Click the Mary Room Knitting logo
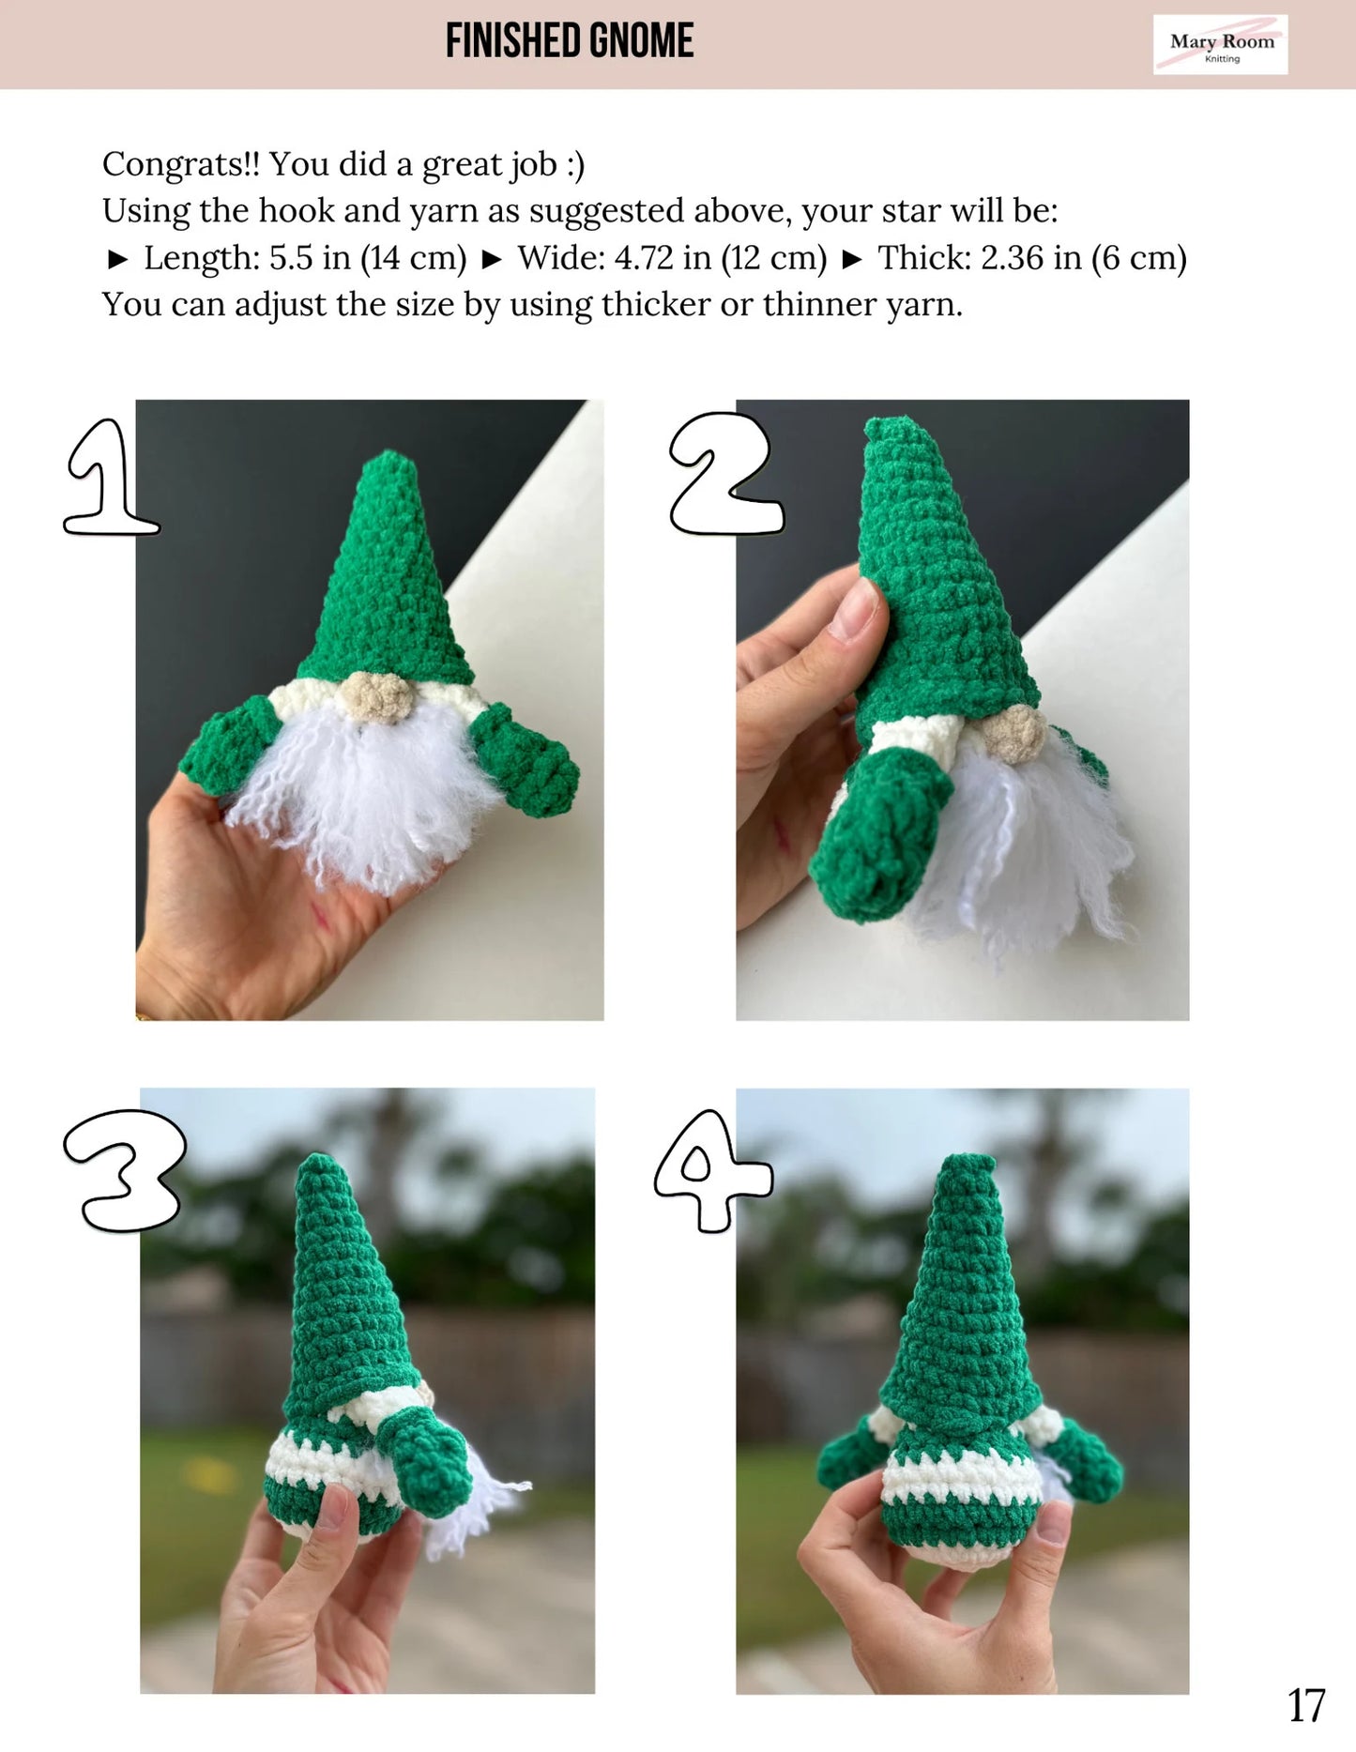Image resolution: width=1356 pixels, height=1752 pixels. (x=1220, y=44)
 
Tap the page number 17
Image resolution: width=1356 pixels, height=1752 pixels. (x=1306, y=1705)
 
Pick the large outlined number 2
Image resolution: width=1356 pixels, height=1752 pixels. (x=725, y=474)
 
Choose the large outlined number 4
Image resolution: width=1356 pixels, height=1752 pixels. (x=714, y=1170)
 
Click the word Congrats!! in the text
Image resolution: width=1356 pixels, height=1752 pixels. (x=181, y=164)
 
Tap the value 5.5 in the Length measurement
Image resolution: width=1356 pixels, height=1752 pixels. (x=291, y=258)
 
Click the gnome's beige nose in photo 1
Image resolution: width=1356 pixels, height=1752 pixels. (x=375, y=696)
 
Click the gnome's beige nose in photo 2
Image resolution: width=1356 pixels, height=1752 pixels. (x=1015, y=732)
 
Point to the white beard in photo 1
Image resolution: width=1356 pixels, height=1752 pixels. (x=364, y=798)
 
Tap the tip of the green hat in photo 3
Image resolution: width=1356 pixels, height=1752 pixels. (x=316, y=1162)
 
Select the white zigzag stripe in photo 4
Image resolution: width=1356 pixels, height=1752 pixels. (x=961, y=1478)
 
